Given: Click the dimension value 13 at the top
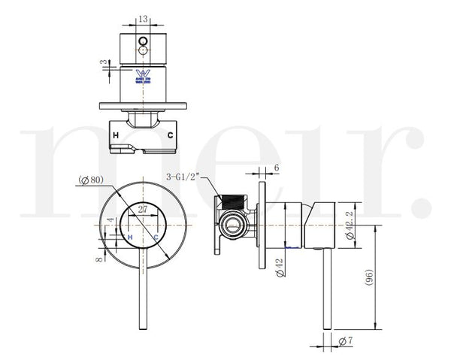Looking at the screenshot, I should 143,19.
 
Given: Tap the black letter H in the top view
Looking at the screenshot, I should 116,135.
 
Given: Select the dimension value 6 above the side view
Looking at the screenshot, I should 277,169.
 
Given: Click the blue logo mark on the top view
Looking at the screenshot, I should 143,76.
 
